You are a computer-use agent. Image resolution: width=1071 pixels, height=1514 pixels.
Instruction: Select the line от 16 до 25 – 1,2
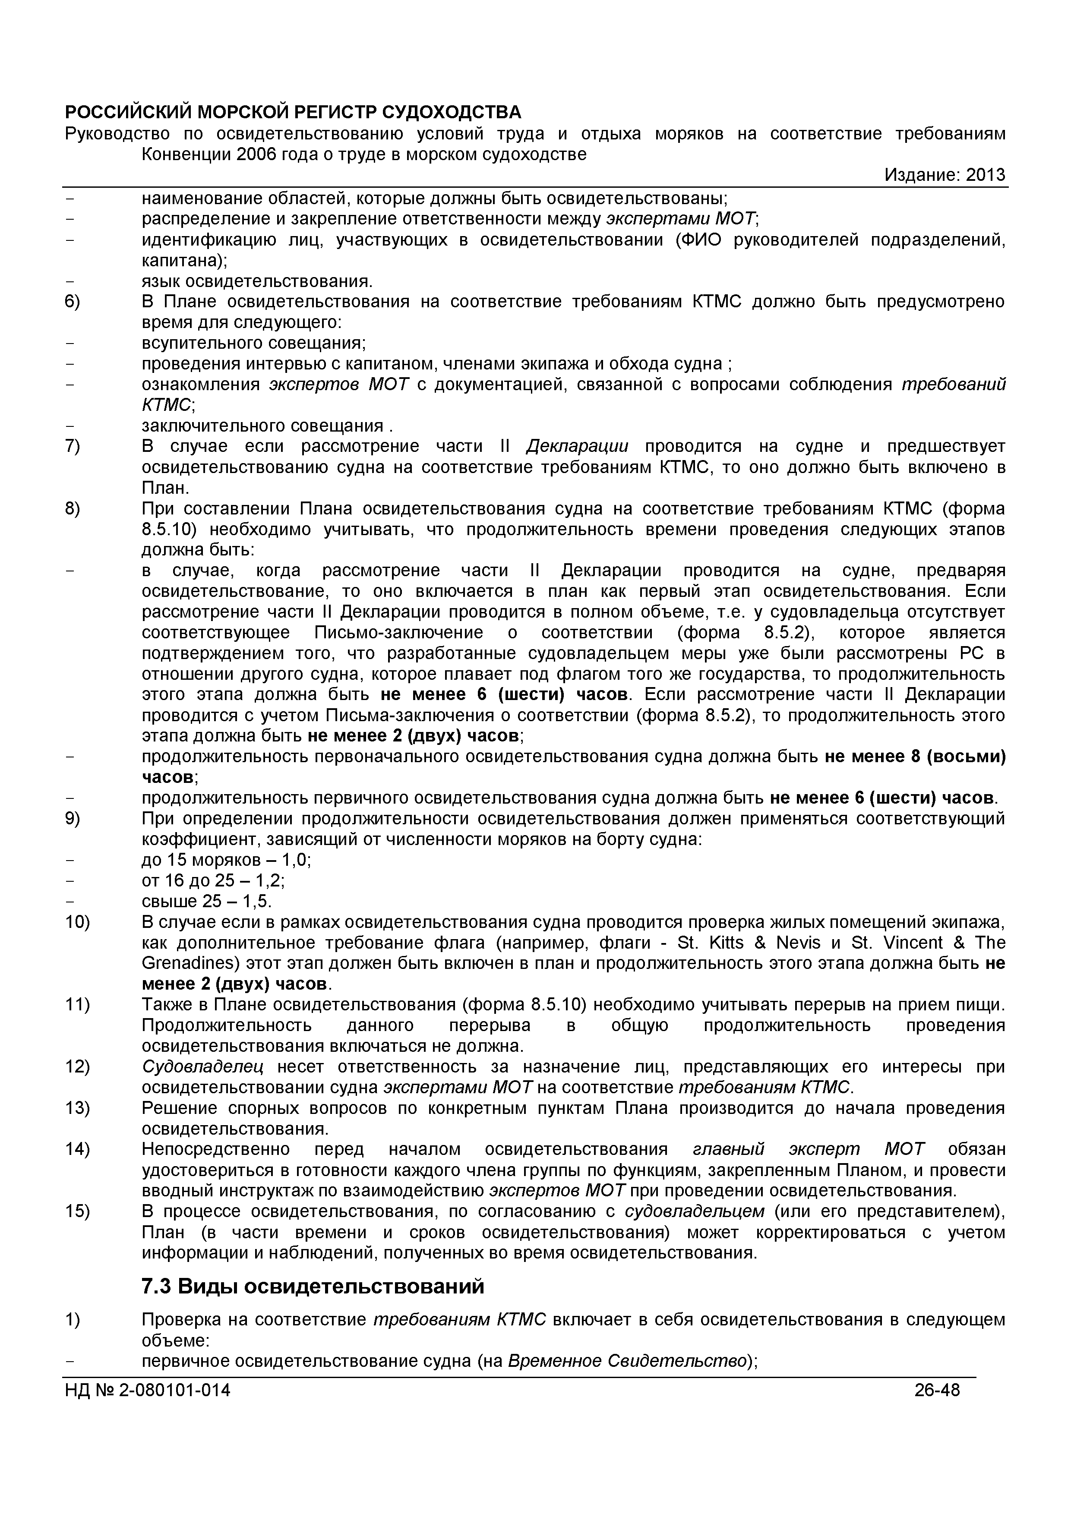click(x=213, y=880)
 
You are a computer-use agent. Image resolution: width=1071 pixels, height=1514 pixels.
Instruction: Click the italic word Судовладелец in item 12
click(x=202, y=1067)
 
